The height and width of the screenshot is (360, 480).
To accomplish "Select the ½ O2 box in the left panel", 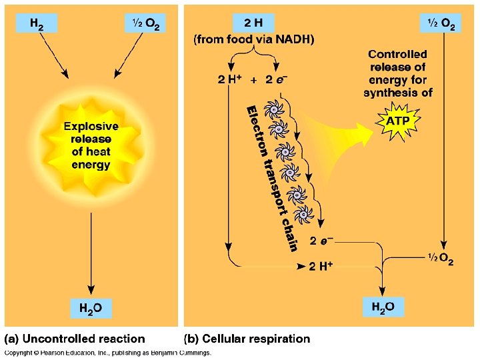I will coord(144,24).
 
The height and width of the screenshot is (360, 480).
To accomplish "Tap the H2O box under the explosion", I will coord(91,308).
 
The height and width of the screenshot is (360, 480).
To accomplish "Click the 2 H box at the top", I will coord(253,23).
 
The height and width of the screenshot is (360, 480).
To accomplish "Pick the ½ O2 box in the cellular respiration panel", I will coord(441,23).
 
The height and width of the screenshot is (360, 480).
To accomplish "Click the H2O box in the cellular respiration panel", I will coord(382,307).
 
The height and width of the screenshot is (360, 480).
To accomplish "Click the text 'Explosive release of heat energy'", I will coord(91,145).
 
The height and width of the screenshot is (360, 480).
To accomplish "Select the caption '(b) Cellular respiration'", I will coord(247,339).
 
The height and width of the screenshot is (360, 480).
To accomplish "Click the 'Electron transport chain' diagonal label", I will coord(271,178).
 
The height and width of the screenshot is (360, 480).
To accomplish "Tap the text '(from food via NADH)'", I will coord(253,39).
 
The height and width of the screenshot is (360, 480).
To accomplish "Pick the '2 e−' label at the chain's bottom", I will coord(321,240).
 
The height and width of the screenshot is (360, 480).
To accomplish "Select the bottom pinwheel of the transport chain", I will coord(303,215).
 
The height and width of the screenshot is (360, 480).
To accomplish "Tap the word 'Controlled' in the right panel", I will coord(397,55).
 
